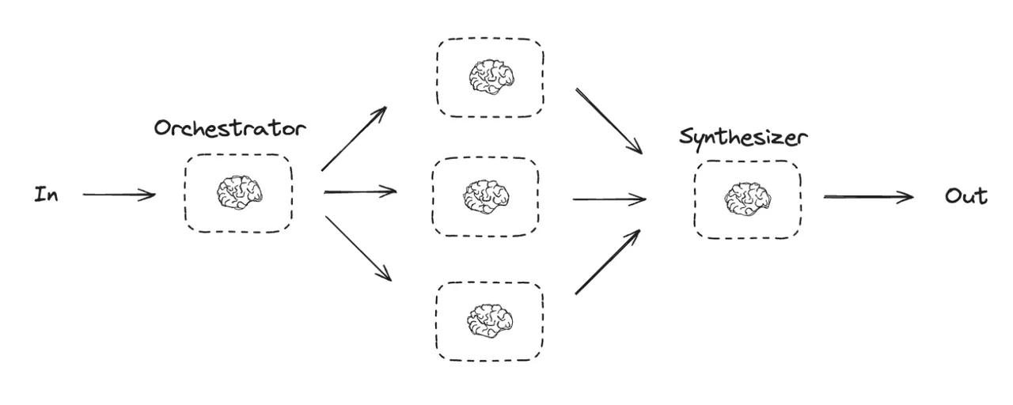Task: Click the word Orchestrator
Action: pyautogui.click(x=230, y=128)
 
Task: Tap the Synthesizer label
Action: pyautogui.click(x=743, y=137)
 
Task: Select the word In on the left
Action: pyautogui.click(x=46, y=195)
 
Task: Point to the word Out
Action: pyautogui.click(x=966, y=196)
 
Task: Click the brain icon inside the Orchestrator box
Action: pyautogui.click(x=239, y=192)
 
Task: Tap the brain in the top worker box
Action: pyautogui.click(x=491, y=78)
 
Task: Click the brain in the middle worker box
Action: pyautogui.click(x=485, y=196)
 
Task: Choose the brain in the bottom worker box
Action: pyautogui.click(x=490, y=320)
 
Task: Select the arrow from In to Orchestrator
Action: pyautogui.click(x=119, y=194)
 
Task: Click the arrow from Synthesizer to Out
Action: pyautogui.click(x=868, y=197)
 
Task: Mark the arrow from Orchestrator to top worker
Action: pyautogui.click(x=354, y=138)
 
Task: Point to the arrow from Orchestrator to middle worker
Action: pyautogui.click(x=360, y=191)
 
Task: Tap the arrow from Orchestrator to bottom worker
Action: pyautogui.click(x=358, y=248)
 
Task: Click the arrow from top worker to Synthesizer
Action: pyautogui.click(x=609, y=120)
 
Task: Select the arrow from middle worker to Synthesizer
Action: pyautogui.click(x=609, y=199)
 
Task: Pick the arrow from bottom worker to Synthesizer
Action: pyautogui.click(x=608, y=262)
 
